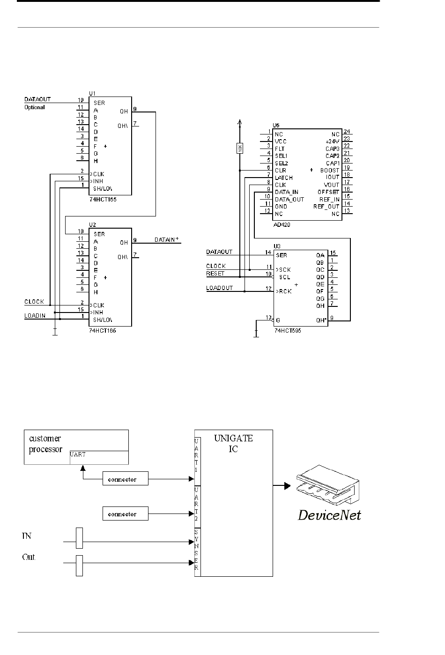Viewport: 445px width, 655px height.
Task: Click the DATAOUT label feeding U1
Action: click(x=37, y=99)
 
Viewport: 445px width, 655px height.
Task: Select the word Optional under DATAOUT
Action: click(x=35, y=107)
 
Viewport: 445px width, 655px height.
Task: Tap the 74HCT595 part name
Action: click(x=288, y=331)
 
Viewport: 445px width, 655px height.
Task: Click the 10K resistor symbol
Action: click(x=239, y=148)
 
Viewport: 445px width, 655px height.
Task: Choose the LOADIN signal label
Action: click(x=35, y=316)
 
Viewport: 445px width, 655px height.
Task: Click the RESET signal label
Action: click(x=215, y=273)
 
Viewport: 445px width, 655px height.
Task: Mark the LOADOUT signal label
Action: click(x=220, y=288)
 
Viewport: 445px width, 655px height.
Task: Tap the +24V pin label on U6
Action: click(x=333, y=141)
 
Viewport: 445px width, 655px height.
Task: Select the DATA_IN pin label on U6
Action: click(x=287, y=192)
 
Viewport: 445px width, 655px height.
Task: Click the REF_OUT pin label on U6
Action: click(x=326, y=207)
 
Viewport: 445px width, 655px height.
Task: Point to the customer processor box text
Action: click(x=45, y=444)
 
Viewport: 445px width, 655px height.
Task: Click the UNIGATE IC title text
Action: click(x=233, y=443)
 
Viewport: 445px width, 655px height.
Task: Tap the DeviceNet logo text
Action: click(x=330, y=515)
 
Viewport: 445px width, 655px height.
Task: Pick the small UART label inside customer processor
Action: click(x=78, y=454)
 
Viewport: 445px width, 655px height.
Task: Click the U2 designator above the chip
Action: click(x=92, y=224)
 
